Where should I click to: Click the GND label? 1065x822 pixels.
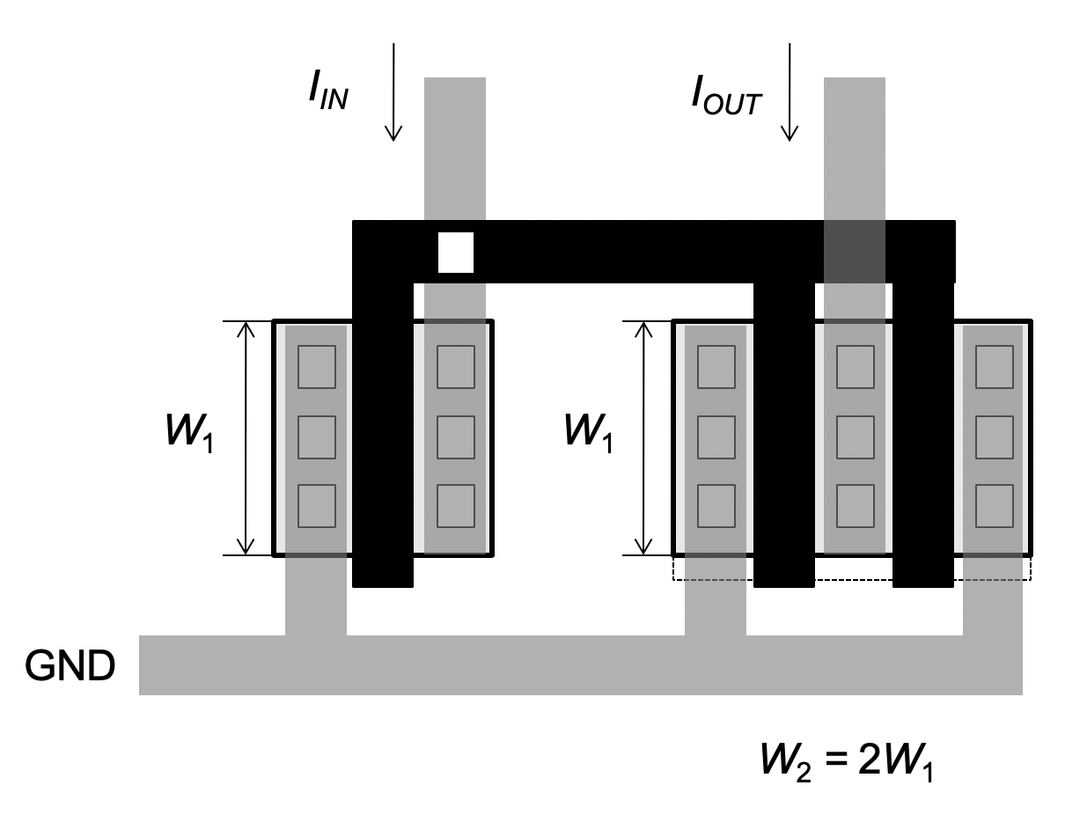tap(70, 665)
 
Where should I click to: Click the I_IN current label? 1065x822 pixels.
tap(328, 90)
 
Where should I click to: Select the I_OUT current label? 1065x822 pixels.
tap(726, 95)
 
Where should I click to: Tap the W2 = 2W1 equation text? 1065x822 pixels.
tap(847, 762)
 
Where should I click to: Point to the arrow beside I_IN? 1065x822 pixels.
tap(393, 92)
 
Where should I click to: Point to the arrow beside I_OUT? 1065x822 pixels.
tap(790, 92)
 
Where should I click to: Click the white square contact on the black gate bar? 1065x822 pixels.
tap(456, 253)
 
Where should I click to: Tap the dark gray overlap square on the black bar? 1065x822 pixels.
tap(855, 252)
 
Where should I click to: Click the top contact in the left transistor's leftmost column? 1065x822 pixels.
tap(317, 367)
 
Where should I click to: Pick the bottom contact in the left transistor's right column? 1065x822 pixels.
tap(456, 506)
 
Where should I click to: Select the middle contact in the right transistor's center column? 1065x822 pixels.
tap(856, 437)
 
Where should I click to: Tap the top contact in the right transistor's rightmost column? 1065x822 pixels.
tap(995, 367)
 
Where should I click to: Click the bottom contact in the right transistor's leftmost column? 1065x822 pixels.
tap(716, 506)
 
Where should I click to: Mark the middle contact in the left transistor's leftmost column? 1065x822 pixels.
tap(317, 437)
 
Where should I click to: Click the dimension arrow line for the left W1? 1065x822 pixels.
tap(246, 438)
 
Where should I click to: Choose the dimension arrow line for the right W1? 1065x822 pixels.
tap(643, 438)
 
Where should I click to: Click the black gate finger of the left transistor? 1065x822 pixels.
tap(383, 435)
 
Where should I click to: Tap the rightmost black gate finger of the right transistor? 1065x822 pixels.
tap(923, 435)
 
